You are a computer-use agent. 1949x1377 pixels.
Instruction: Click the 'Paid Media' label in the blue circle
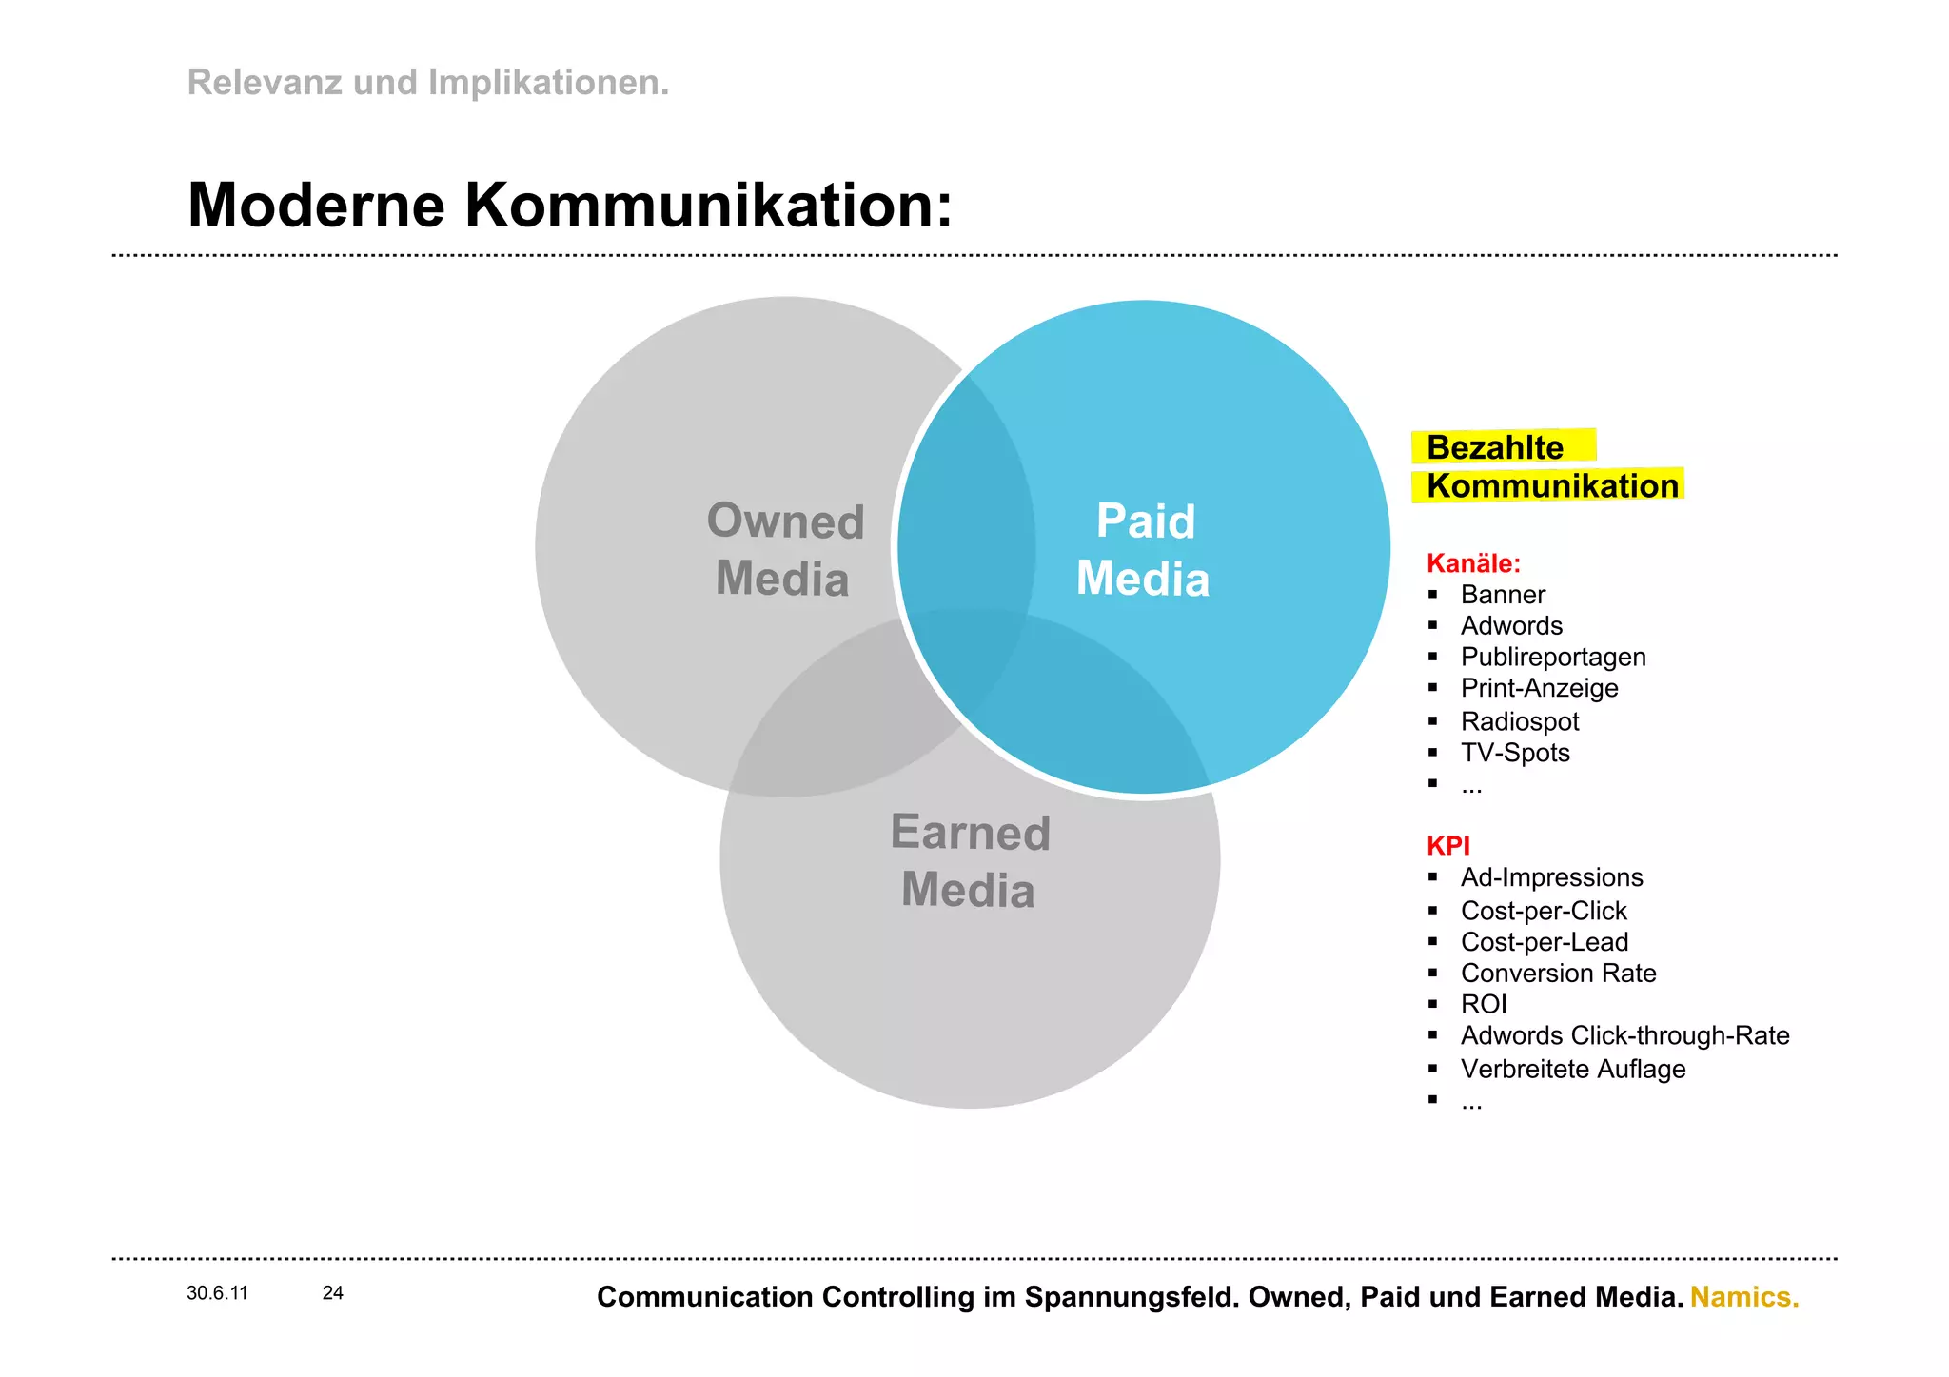point(1144,550)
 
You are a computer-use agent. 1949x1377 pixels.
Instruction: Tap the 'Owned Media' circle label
point(784,550)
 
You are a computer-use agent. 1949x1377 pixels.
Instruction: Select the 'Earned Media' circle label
point(970,861)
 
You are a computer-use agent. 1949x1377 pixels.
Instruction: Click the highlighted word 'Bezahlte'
point(1494,447)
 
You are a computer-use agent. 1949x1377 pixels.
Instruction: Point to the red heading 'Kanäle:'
point(1473,563)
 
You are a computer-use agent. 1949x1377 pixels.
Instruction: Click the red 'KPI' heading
point(1447,845)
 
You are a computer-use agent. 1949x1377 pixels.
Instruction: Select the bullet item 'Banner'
point(1503,595)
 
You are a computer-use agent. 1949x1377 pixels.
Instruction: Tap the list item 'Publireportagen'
point(1553,658)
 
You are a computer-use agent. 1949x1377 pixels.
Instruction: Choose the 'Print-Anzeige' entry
point(1539,688)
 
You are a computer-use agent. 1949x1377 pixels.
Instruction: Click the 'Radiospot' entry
point(1520,721)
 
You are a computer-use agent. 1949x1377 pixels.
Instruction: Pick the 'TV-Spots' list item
point(1515,753)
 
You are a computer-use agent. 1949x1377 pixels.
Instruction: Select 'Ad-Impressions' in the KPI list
point(1552,877)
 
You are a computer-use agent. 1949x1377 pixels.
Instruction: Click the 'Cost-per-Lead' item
point(1545,942)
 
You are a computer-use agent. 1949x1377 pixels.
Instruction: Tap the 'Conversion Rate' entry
point(1558,974)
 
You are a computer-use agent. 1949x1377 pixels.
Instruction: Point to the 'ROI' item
point(1484,1005)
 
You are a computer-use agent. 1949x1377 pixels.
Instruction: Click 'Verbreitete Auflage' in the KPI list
point(1573,1070)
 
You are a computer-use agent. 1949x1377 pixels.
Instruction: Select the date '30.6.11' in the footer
point(217,1293)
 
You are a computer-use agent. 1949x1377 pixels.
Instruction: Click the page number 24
point(333,1293)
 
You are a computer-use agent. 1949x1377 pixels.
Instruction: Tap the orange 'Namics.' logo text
point(1744,1297)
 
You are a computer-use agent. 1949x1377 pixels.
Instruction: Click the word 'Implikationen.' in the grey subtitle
point(548,83)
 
